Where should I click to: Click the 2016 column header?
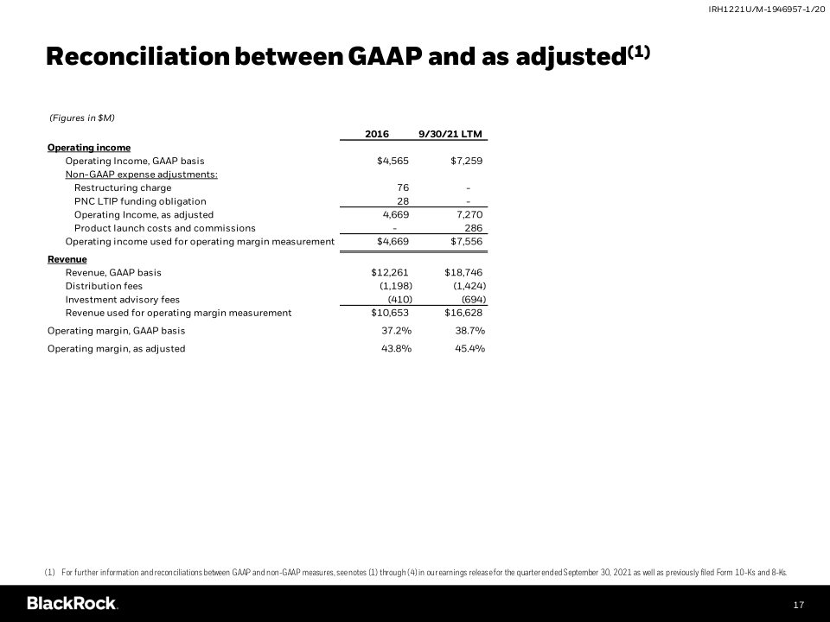(x=377, y=134)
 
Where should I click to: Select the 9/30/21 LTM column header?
(x=450, y=134)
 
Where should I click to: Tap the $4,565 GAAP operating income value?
(x=393, y=161)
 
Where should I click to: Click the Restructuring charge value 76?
(x=403, y=187)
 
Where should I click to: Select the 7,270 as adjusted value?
(x=467, y=214)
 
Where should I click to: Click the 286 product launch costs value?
(x=473, y=228)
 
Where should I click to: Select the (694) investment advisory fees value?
(x=473, y=299)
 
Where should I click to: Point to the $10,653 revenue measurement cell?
(x=390, y=313)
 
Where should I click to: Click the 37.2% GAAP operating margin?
(x=396, y=331)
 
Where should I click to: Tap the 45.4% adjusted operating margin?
(x=469, y=349)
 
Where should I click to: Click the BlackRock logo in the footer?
(x=72, y=603)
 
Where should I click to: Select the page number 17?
(x=799, y=605)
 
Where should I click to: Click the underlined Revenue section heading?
(x=67, y=259)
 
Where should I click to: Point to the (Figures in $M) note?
(x=82, y=117)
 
